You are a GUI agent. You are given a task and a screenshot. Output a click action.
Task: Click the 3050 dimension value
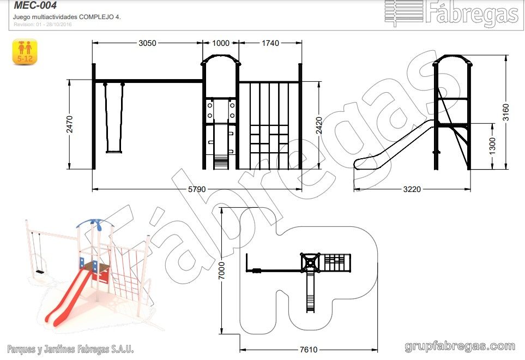[x=147, y=43]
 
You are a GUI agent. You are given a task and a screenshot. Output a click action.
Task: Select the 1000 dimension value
[x=221, y=43]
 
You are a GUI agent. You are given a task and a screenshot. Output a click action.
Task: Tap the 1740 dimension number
[x=270, y=43]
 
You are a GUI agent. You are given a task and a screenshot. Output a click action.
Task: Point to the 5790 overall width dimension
[x=197, y=189]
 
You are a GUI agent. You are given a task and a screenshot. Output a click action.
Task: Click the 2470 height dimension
[x=70, y=124]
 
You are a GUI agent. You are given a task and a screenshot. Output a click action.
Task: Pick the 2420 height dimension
[x=319, y=125]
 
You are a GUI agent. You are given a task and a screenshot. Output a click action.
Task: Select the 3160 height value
[x=505, y=112]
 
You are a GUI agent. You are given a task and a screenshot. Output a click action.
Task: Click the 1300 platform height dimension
[x=492, y=146]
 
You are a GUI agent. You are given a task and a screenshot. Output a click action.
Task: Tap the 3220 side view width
[x=412, y=189]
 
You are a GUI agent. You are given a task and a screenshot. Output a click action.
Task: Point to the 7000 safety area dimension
[x=222, y=271]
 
